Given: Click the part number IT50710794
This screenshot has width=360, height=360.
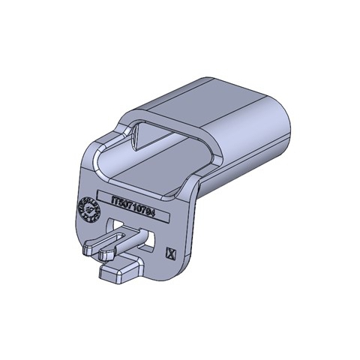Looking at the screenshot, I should [134, 203].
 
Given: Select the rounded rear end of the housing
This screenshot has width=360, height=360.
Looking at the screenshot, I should [289, 127].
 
